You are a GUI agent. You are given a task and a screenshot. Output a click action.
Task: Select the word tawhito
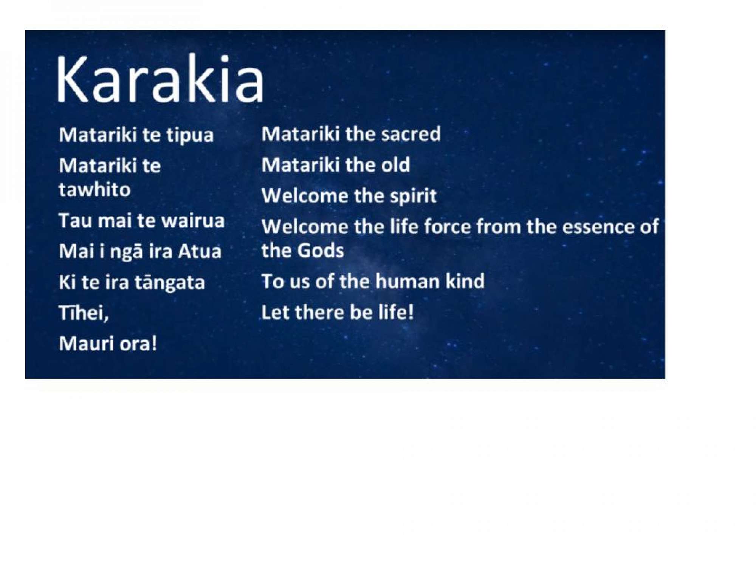pyautogui.click(x=94, y=189)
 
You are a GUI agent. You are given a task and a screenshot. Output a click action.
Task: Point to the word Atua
pyautogui.click(x=200, y=251)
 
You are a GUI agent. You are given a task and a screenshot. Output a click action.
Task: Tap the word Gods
pyautogui.click(x=321, y=250)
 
